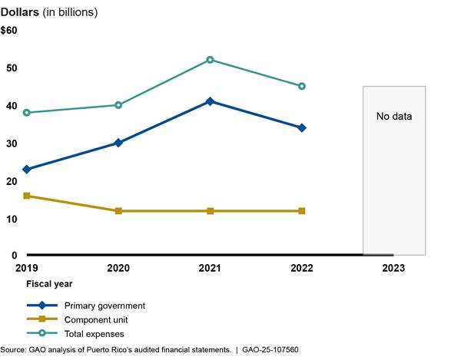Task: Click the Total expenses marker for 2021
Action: (210, 60)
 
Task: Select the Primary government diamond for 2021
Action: (210, 101)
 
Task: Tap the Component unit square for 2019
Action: (27, 196)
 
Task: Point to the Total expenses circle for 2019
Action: (27, 113)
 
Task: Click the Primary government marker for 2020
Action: (118, 143)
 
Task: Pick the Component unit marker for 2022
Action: (301, 210)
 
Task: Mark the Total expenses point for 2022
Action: (301, 86)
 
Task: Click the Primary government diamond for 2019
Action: (27, 169)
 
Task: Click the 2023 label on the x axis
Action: (392, 268)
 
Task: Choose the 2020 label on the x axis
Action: (118, 268)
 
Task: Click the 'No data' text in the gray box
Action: (394, 117)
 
